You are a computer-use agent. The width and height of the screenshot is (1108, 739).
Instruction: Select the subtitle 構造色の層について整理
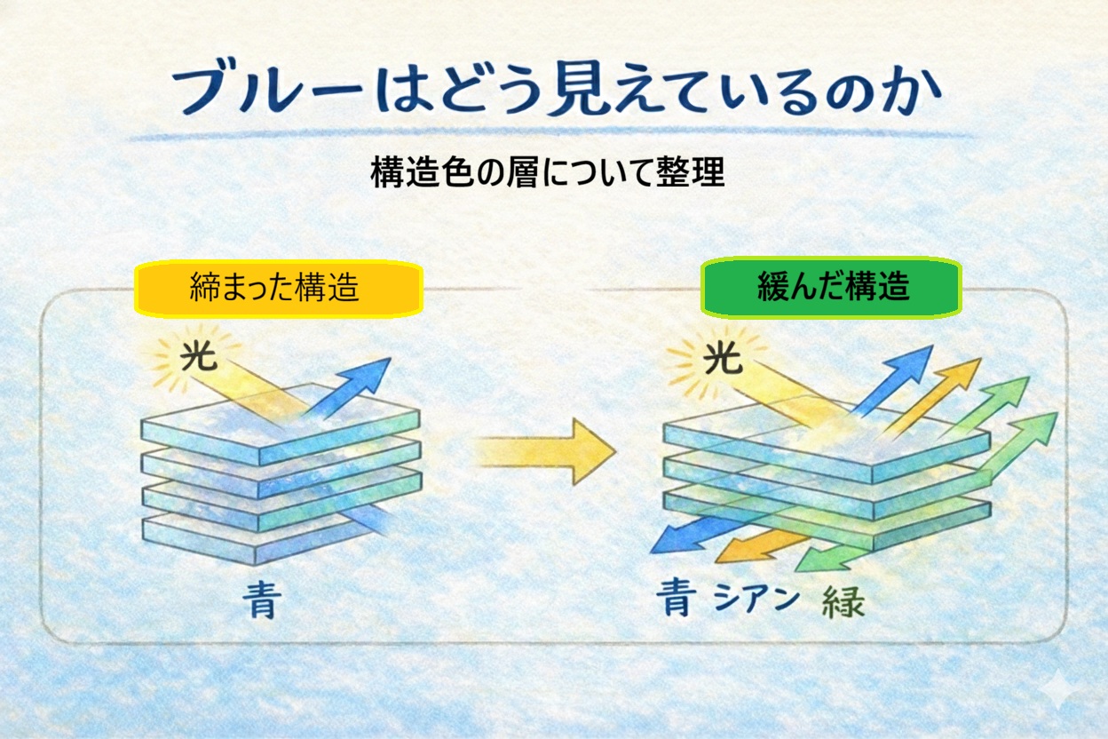pyautogui.click(x=548, y=172)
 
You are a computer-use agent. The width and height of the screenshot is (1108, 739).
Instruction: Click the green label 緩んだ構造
pyautogui.click(x=832, y=286)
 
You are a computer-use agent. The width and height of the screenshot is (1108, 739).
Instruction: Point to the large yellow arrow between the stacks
pyautogui.click(x=546, y=450)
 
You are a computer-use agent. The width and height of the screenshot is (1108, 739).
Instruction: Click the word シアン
pyautogui.click(x=756, y=600)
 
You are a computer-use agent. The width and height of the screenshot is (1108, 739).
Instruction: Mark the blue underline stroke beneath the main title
pyautogui.click(x=550, y=136)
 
